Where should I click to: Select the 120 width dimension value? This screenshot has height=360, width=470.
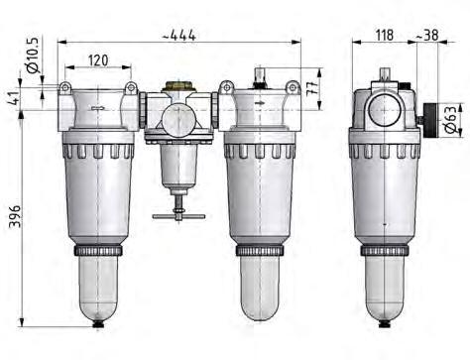(96, 60)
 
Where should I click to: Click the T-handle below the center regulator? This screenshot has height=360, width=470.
(178, 214)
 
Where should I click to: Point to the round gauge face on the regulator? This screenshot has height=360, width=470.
(178, 122)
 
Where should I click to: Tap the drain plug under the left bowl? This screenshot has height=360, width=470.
(96, 323)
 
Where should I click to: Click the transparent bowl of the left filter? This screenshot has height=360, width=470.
(96, 283)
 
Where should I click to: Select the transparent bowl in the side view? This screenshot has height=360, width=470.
(382, 283)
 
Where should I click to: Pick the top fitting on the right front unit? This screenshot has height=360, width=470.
(260, 75)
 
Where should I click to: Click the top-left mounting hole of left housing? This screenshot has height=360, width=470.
(66, 89)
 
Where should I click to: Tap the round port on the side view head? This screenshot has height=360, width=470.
(382, 110)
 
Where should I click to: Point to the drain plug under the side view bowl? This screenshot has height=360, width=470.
(382, 323)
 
